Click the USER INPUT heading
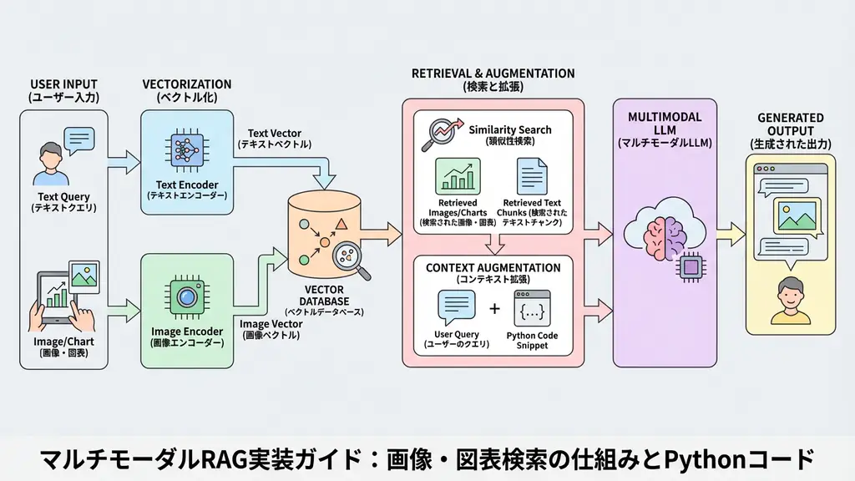(x=63, y=84)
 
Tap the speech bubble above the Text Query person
(x=78, y=139)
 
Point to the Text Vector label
(x=275, y=134)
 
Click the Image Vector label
(x=271, y=323)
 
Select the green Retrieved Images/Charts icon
(x=458, y=176)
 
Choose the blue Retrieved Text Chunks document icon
(x=531, y=176)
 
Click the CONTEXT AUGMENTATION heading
(x=493, y=267)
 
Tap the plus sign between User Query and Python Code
(x=494, y=309)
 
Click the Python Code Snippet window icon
(x=532, y=308)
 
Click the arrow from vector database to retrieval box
(x=385, y=229)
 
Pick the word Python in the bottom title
(x=701, y=458)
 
